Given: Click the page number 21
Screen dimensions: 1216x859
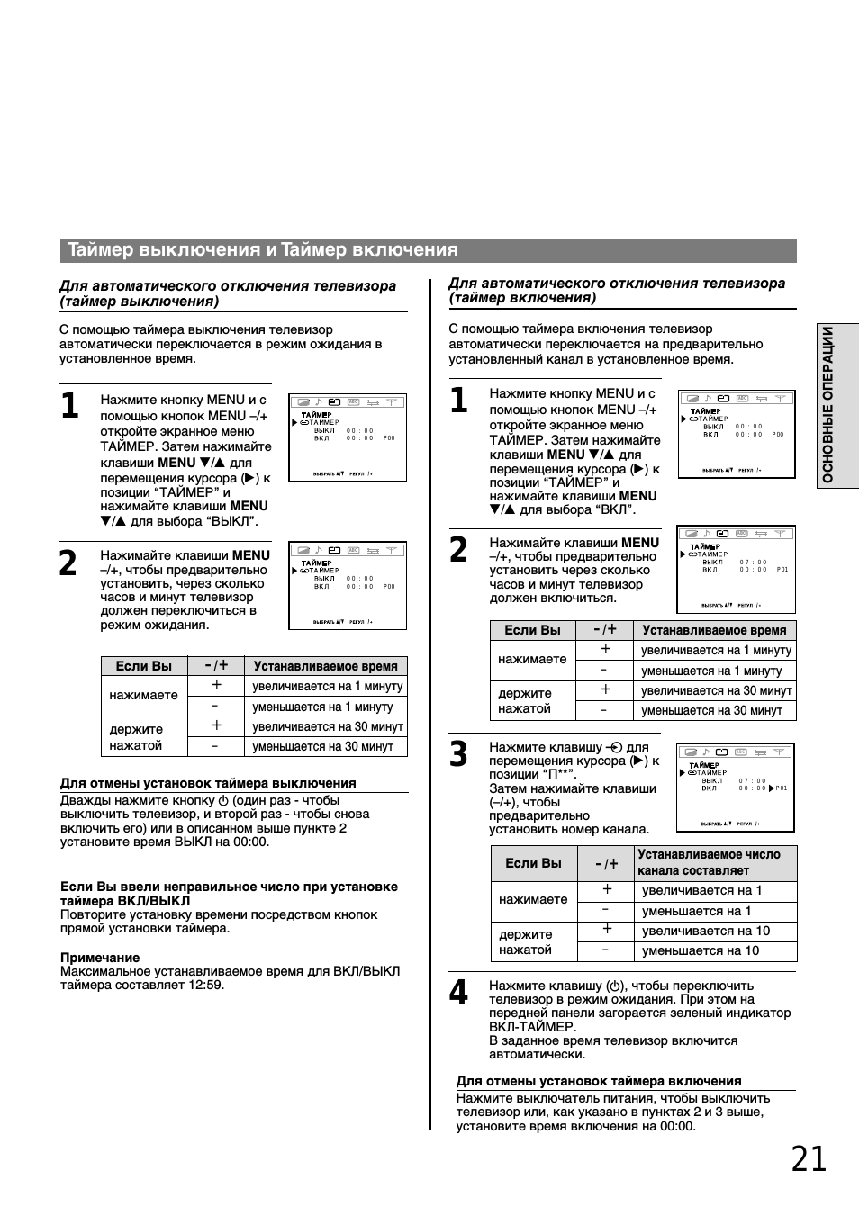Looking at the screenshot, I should point(809,1159).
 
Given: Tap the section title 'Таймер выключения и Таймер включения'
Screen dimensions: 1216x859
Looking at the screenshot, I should point(263,250).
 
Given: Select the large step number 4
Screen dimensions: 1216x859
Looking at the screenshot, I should point(458,994).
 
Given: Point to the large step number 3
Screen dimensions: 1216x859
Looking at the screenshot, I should point(458,754).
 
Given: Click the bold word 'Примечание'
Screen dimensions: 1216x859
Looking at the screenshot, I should point(100,958).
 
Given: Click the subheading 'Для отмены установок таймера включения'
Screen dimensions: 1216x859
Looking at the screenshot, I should point(599,1081).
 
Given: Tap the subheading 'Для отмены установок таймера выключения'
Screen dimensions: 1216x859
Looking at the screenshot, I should point(208,783).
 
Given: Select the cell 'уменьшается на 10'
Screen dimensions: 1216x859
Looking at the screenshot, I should point(701,950).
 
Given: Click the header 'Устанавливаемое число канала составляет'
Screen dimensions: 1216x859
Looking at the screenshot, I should point(709,862).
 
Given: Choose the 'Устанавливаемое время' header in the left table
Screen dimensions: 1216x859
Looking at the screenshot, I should point(325,666).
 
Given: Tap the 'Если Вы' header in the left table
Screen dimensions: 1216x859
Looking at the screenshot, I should point(144,666).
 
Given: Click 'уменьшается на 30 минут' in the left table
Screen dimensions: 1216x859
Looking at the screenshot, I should point(322,746).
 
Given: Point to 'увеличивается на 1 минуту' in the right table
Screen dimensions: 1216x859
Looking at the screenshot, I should point(716,650).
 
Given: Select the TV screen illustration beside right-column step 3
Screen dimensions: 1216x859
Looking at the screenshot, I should point(736,788).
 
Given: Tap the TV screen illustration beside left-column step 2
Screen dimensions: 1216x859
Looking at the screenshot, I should point(347,585).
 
